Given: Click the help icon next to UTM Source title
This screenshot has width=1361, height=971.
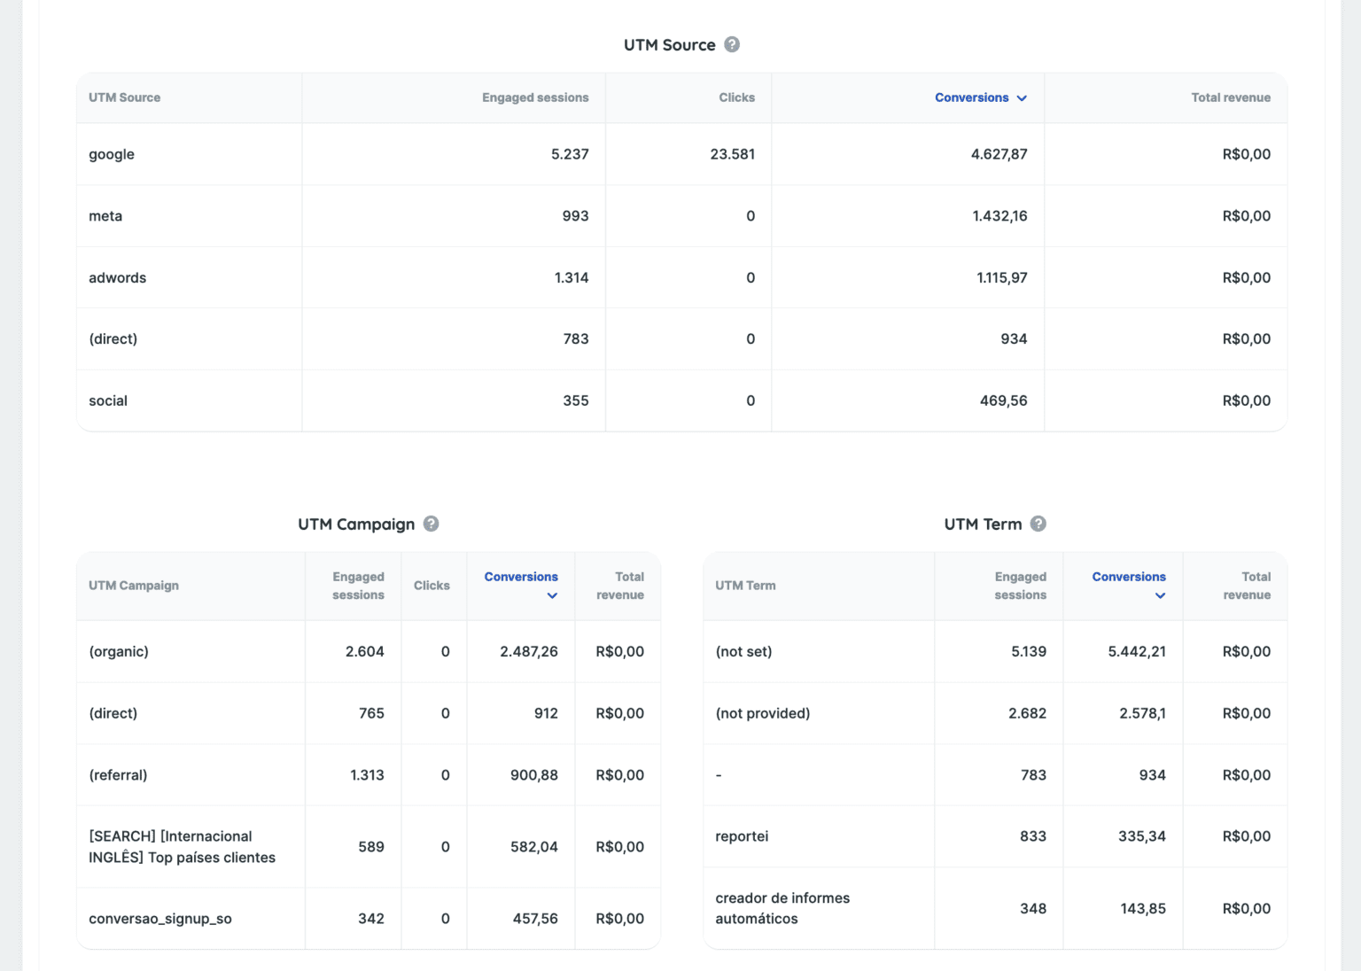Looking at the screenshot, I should coord(732,44).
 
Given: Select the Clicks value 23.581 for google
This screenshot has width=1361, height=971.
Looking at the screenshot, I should coord(732,154).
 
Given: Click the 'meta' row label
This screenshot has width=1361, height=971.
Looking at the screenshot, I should coord(105,216).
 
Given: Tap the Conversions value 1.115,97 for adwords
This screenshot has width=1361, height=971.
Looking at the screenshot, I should coord(1001,277).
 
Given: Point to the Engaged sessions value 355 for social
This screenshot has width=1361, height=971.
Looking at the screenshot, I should coord(575,400).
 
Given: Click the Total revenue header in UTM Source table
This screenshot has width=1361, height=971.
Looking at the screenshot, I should coord(1230,97).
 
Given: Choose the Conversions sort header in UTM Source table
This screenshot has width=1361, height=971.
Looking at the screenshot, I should coord(979,97).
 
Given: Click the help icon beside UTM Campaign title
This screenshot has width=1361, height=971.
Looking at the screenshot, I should coord(431,524).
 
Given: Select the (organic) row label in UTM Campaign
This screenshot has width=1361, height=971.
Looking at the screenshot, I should coord(119,651).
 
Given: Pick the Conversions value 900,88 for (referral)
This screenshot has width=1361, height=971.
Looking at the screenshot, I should coord(533,775).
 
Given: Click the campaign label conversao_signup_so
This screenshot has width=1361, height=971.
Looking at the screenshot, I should coord(160,919).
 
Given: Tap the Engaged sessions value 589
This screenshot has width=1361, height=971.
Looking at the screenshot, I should coord(370,847).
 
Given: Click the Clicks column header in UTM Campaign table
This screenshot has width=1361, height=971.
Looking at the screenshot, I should coord(432,586).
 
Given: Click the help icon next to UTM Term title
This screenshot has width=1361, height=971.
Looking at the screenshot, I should coord(1038,524).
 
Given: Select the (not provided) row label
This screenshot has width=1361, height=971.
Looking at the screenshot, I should coord(762,713).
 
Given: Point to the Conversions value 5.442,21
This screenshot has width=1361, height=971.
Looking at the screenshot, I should coord(1136,651).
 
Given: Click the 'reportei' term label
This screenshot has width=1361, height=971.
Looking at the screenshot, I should coord(742,836).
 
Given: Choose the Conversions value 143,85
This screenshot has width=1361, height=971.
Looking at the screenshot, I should coord(1142,908).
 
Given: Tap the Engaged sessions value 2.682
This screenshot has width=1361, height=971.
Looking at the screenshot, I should coord(1027,713).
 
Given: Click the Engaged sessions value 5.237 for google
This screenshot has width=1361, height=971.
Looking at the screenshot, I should coord(569,154).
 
